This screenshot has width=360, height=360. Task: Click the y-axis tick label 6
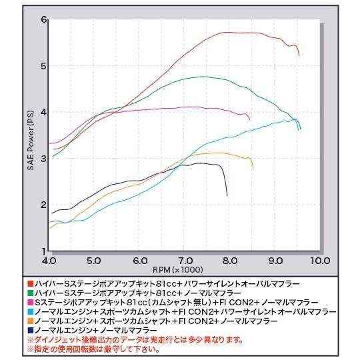pyautogui.click(x=43, y=19)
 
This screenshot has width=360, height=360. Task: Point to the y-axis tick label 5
pyautogui.click(x=43, y=65)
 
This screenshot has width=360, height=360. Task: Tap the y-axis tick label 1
pyautogui.click(x=43, y=251)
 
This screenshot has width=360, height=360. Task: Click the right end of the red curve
pyautogui.click(x=299, y=56)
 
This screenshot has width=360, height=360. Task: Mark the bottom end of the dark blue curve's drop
pyautogui.click(x=227, y=195)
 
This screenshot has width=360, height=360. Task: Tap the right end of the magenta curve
pyautogui.click(x=249, y=120)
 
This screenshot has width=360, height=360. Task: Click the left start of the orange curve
pyautogui.click(x=50, y=228)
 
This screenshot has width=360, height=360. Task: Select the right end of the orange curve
pyautogui.click(x=253, y=169)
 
